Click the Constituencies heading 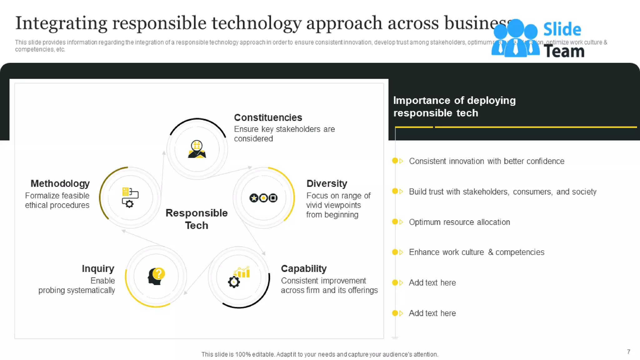click(268, 118)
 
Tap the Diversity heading click(327, 183)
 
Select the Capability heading click(303, 268)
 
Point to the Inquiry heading click(98, 268)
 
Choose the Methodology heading click(60, 183)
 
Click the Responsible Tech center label click(197, 219)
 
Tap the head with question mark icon click(156, 276)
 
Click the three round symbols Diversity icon click(263, 198)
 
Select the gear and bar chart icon click(239, 277)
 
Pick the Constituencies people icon click(197, 149)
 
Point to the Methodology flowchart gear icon click(130, 197)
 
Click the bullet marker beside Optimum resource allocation click(397, 222)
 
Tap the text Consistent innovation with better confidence click(487, 161)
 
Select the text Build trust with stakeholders click(502, 192)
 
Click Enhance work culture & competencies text click(477, 252)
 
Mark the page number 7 click(628, 352)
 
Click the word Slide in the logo click(562, 30)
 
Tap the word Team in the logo click(564, 51)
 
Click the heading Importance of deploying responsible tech click(454, 107)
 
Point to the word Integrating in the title click(61, 23)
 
